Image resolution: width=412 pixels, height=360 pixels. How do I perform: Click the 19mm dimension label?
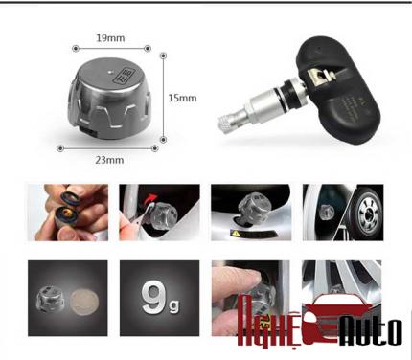coord(110,38)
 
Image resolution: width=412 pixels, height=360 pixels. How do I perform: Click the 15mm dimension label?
coord(182,98)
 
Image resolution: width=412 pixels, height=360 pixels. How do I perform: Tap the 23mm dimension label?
coord(109,160)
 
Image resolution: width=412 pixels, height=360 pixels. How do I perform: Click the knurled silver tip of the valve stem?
coord(227,124)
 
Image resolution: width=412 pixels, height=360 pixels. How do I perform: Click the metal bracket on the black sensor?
coord(319,78)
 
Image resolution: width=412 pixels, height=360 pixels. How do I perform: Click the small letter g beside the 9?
coord(173,305)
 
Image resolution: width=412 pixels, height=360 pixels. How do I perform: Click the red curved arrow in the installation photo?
coord(151,199)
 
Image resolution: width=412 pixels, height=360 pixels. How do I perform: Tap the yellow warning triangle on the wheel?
coord(236,234)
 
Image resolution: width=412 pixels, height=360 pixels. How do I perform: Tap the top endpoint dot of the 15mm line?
coord(163,56)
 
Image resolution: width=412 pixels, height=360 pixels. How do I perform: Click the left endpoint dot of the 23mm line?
coord(60,148)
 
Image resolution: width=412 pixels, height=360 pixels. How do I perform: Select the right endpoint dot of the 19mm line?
coord(148,49)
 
